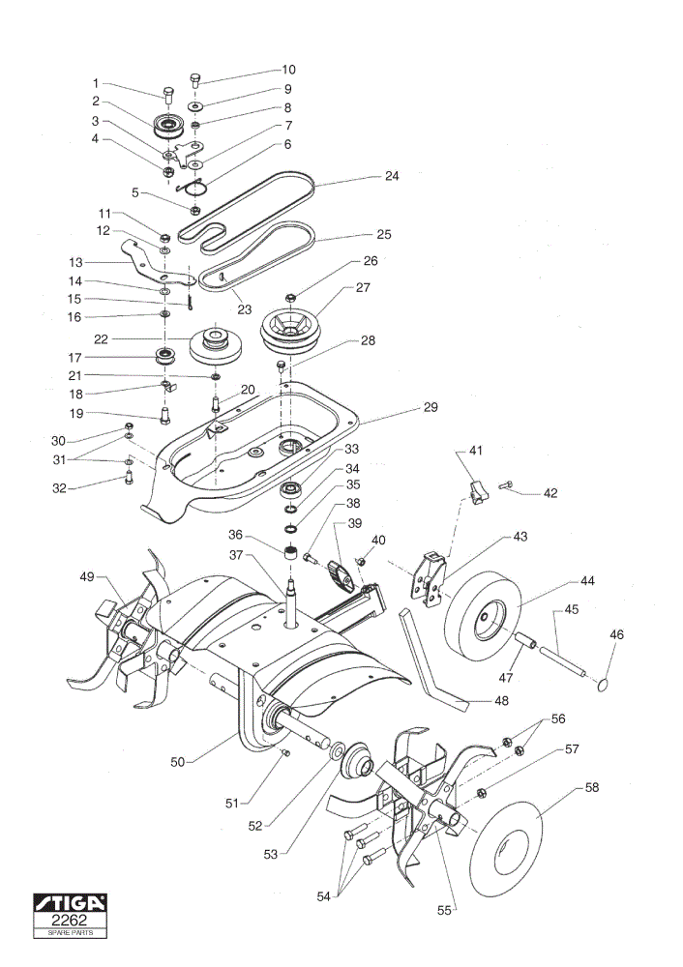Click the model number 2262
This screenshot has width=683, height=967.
coord(70,921)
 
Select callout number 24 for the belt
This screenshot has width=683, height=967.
coord(392,176)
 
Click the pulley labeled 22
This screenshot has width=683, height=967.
coord(216,346)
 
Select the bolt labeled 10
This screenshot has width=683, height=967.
coord(195,80)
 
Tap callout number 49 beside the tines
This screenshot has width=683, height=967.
coord(87,576)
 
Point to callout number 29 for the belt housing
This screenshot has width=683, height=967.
coord(431,407)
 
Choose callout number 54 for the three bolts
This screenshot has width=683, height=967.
coord(324,896)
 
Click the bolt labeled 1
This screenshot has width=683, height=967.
coord(168,95)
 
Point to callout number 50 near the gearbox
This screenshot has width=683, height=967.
coord(178,762)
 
